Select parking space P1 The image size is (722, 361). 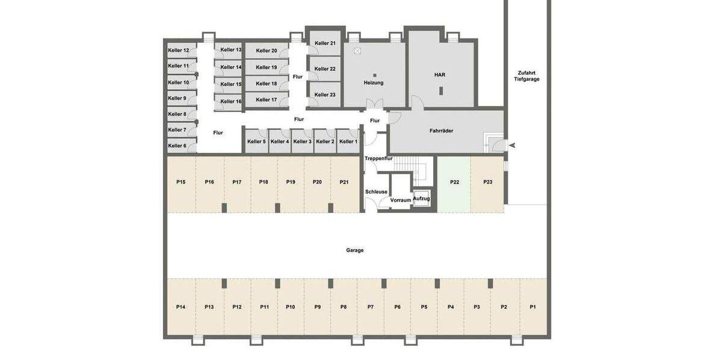click(x=533, y=307)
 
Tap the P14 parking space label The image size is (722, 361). click(x=180, y=307)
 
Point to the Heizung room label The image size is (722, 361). click(x=374, y=82)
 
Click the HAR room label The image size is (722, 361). click(x=440, y=75)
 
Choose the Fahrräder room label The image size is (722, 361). click(x=441, y=131)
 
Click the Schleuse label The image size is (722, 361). click(x=376, y=192)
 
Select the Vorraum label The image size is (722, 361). click(x=400, y=200)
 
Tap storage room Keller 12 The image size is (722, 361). click(x=179, y=50)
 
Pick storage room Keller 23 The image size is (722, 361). click(x=324, y=94)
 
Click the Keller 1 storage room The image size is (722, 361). click(x=348, y=141)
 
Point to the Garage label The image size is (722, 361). click(x=355, y=250)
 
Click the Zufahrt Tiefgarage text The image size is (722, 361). click(x=526, y=75)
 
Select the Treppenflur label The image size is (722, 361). click(x=378, y=158)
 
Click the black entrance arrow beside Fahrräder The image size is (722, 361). click(x=512, y=144)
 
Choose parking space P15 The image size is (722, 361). click(x=180, y=182)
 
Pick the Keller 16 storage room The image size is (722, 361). click(x=230, y=101)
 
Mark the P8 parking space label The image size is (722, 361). click(x=344, y=307)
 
